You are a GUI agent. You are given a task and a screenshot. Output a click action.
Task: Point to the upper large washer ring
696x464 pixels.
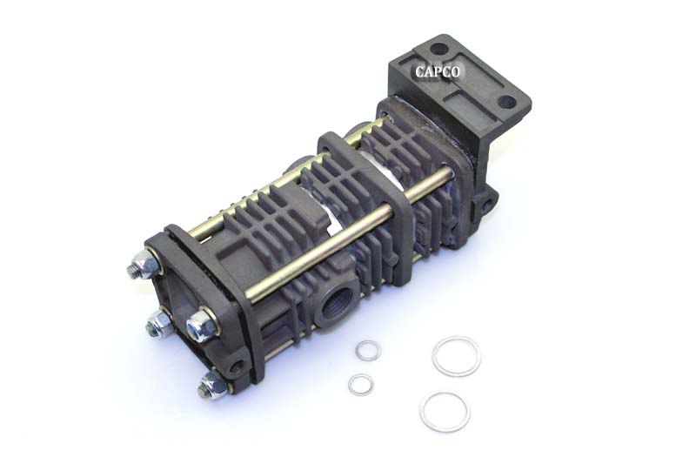[x=456, y=355]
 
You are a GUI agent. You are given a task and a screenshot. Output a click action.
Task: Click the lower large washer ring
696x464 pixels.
[x=445, y=411]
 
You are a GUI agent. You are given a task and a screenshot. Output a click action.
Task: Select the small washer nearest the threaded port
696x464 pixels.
[x=368, y=350]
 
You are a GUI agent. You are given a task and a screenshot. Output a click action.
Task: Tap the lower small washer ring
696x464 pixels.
[x=361, y=384]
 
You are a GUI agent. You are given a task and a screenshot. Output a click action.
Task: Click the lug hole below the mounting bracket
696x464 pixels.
[x=485, y=205]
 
